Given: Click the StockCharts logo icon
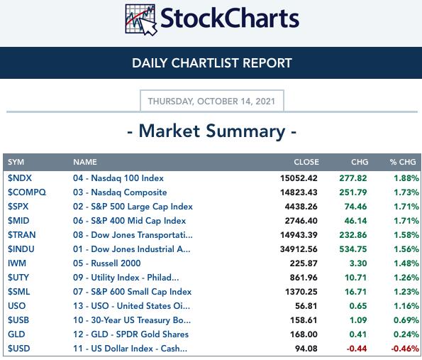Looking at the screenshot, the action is click(140, 19).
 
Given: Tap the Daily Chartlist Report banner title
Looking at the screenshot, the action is click(212, 63).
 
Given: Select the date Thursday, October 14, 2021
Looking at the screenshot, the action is click(211, 102).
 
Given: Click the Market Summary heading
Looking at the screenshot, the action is click(212, 131).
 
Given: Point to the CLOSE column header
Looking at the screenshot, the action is click(306, 162).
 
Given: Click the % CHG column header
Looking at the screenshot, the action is click(403, 162).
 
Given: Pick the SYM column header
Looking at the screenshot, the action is click(16, 162).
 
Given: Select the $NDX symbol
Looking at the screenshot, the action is click(20, 178).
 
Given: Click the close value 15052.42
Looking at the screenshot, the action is click(299, 178).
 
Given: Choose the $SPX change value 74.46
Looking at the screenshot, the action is click(355, 207).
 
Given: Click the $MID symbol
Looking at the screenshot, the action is click(18, 221).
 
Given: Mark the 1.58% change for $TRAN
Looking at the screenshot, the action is click(406, 235).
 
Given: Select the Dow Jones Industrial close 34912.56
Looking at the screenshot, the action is click(299, 249).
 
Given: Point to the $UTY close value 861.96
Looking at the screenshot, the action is click(304, 278).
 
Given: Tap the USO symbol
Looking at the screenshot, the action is click(17, 306).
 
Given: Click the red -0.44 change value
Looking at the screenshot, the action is click(357, 349).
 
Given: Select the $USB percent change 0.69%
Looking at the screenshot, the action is click(406, 320).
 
